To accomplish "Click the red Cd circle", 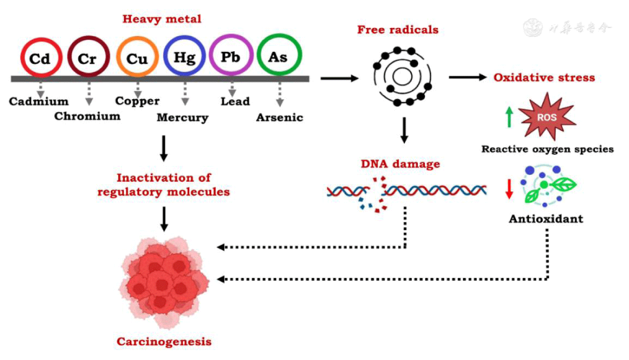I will coord(41,59).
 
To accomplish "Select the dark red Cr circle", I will coord(88,59).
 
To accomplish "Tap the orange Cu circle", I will coord(137,59).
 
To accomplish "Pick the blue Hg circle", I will coord(185,58).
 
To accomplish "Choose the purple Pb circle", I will coord(231,57).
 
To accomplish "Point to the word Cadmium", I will coord(38,102).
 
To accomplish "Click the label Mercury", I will coord(183,118).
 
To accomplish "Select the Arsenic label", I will coord(280,118).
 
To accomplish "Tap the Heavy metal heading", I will coord(162,20).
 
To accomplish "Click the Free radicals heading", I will coord(398,30).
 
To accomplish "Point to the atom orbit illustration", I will coord(402,76).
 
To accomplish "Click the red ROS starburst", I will coord(548,118).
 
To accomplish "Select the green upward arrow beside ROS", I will coord(509,116).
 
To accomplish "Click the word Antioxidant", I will coord(546,219).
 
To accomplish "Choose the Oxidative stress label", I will coord(544,77).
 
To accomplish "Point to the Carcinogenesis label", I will coord(164,342).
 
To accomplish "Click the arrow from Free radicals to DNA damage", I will coord(402,130).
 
